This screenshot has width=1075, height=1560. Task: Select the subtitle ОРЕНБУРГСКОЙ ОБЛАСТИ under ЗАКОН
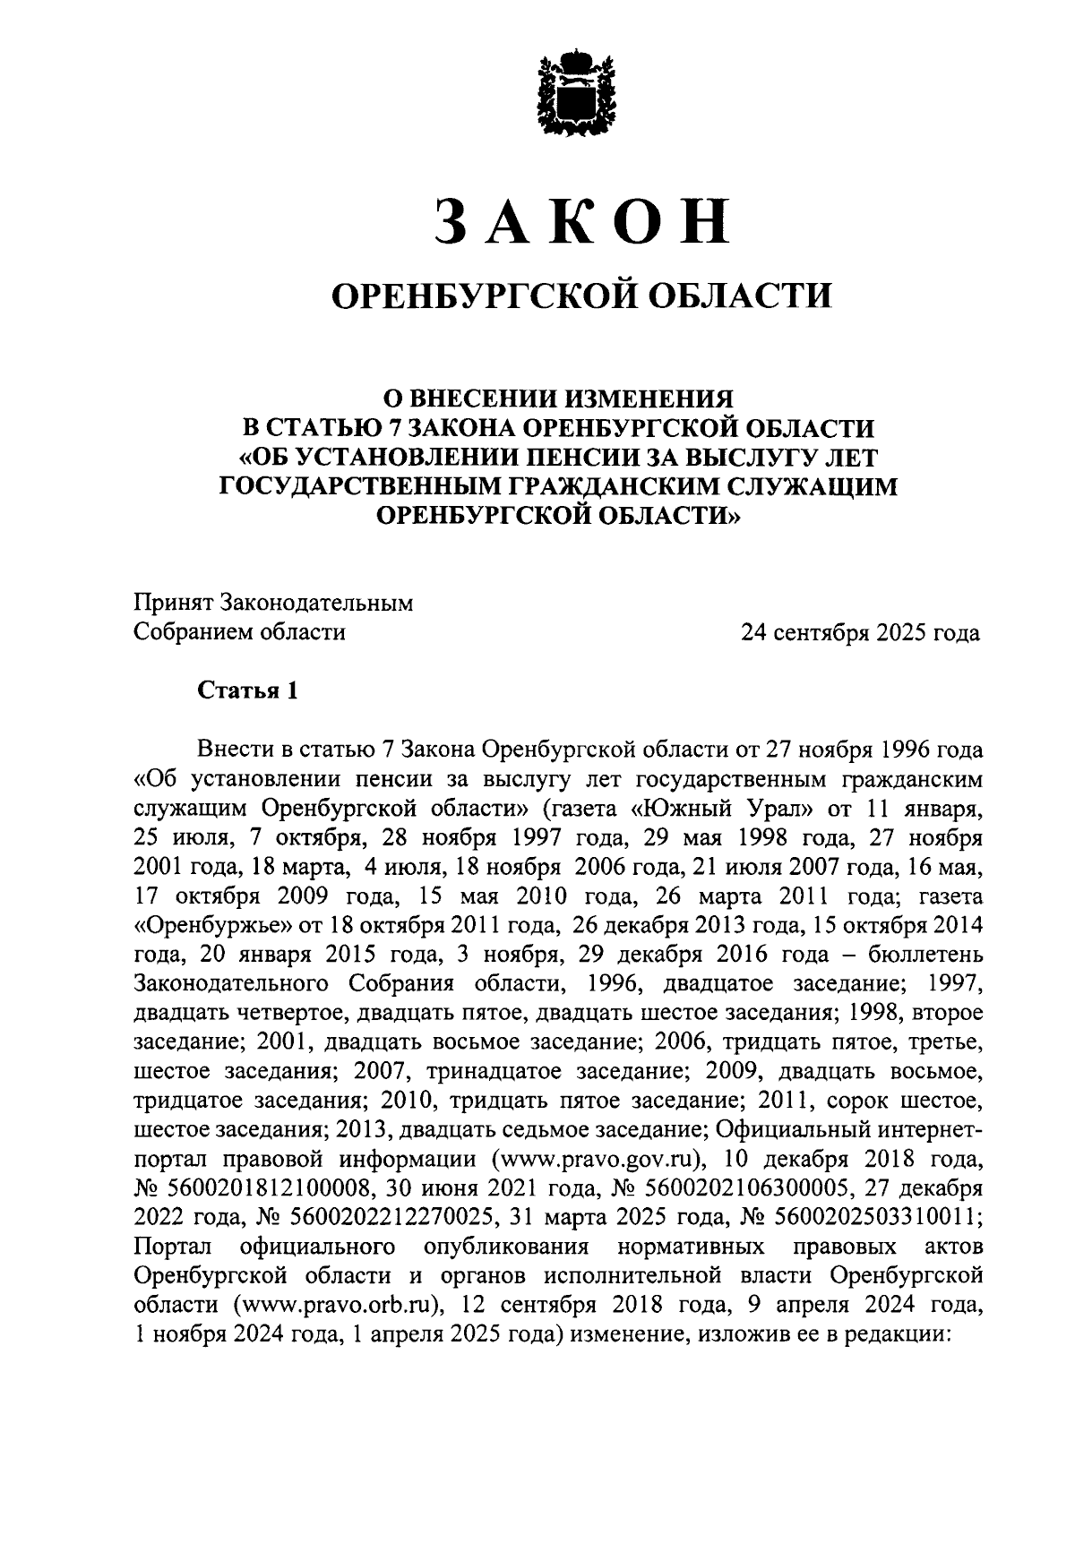pos(580,295)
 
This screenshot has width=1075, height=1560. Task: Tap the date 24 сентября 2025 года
pos(859,633)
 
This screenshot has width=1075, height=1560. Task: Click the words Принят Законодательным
pos(273,603)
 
